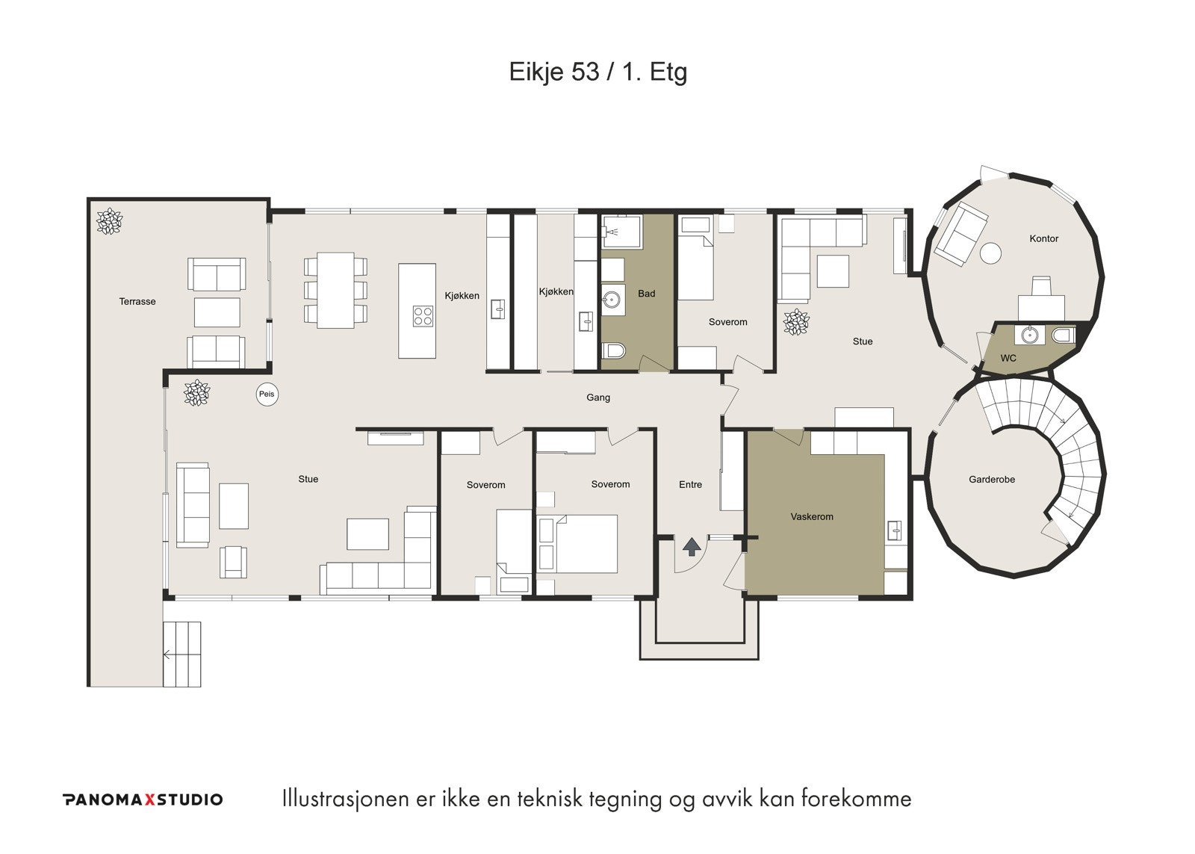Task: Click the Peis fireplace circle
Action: click(267, 394)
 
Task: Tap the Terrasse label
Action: click(137, 302)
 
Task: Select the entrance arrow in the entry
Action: click(692, 547)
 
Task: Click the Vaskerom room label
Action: click(811, 517)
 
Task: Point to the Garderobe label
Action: click(992, 480)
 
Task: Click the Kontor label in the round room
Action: click(1043, 238)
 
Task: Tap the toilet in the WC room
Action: click(1064, 335)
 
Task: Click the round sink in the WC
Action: click(1030, 335)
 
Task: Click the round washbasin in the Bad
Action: click(613, 301)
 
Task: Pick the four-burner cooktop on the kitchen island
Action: click(423, 315)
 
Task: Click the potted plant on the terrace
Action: click(109, 221)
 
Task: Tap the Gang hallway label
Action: click(598, 397)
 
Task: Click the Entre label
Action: click(690, 485)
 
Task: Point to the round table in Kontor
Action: click(990, 253)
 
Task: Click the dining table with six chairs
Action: click(335, 290)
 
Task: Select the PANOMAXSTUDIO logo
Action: click(143, 799)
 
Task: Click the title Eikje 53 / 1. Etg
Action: click(598, 72)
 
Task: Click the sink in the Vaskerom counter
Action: click(895, 530)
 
